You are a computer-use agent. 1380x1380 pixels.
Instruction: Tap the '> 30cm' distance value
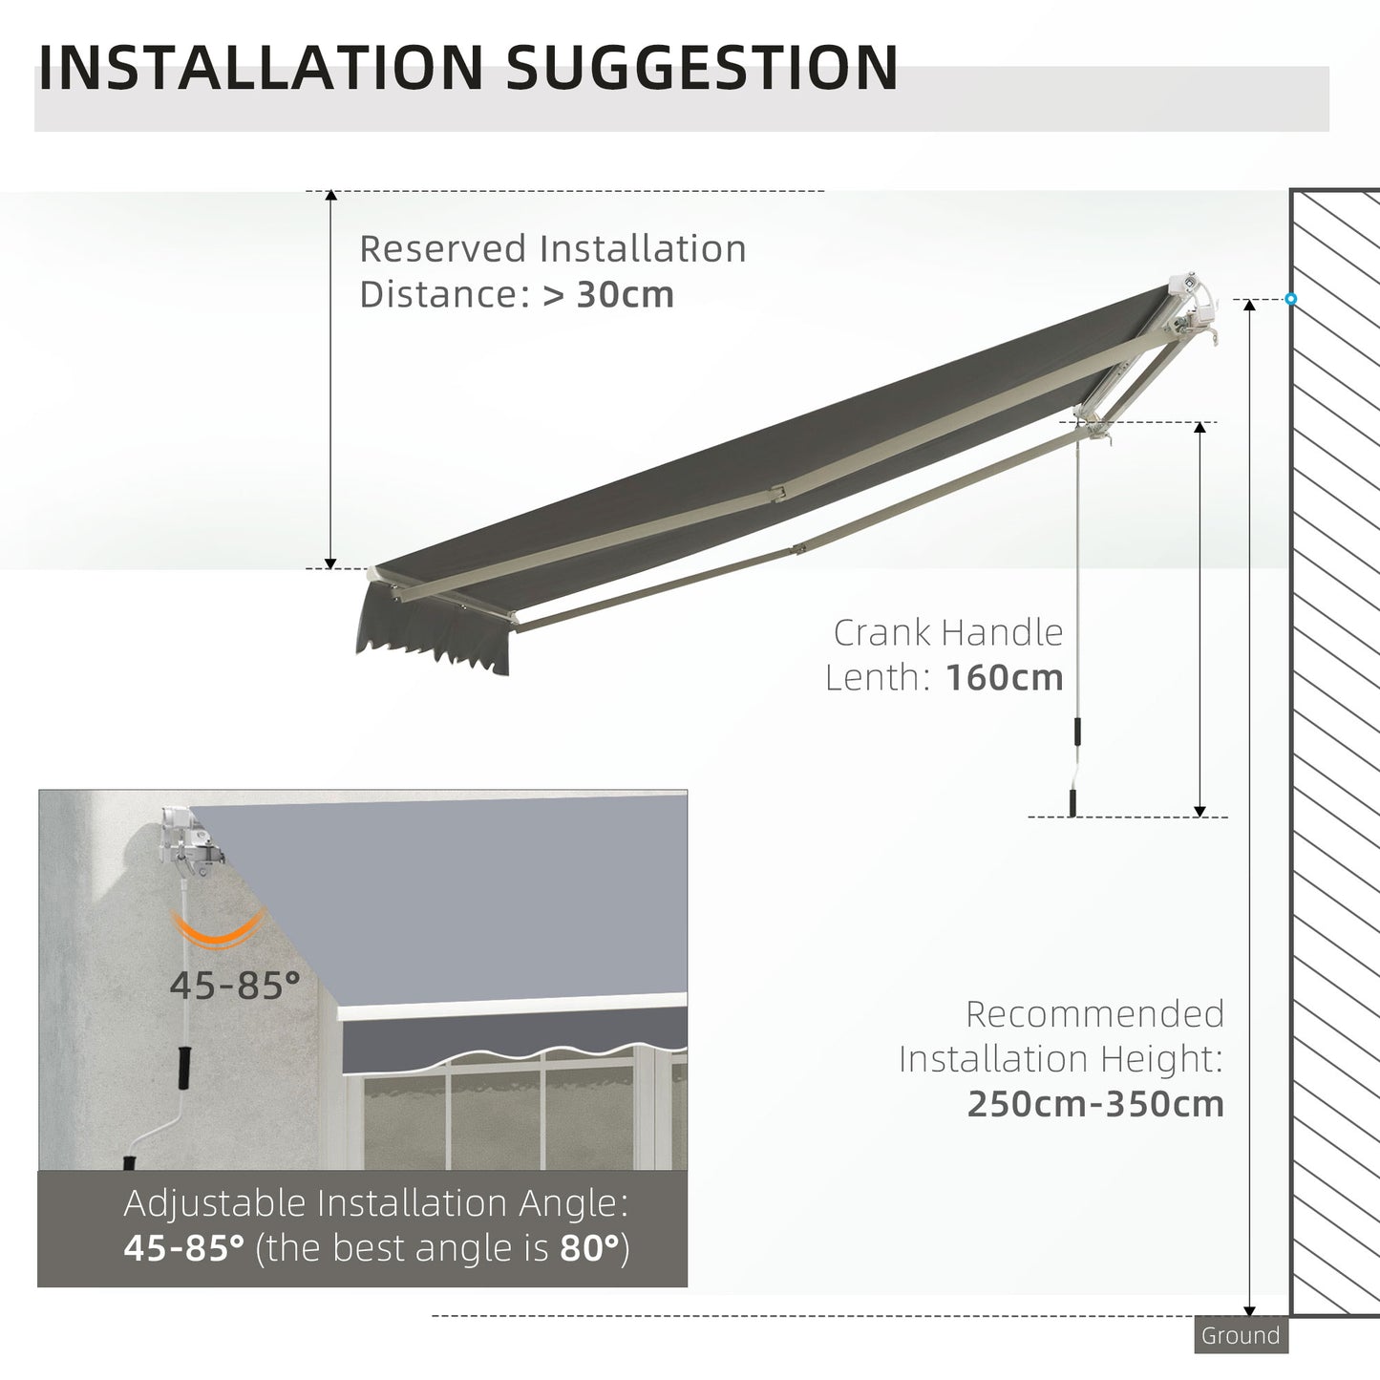[608, 294]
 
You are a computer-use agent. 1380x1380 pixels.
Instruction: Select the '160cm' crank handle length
[1004, 678]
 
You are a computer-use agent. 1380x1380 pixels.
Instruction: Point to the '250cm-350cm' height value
[1095, 1104]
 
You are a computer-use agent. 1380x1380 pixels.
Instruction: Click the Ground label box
[1241, 1336]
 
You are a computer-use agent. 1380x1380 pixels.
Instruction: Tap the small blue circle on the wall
[1291, 299]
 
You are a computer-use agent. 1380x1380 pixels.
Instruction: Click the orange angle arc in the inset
[218, 930]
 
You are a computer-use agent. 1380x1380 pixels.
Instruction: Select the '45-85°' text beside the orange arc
[235, 985]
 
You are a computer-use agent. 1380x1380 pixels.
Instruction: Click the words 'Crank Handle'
[947, 632]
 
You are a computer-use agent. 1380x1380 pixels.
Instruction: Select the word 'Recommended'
[1094, 1013]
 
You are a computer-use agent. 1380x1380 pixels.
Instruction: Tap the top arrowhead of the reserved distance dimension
[330, 197]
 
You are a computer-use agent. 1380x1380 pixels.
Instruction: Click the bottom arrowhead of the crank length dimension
[1200, 811]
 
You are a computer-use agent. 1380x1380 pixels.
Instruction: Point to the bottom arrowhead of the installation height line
[1249, 1310]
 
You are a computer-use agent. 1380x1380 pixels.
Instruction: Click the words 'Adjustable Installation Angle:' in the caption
[376, 1203]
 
